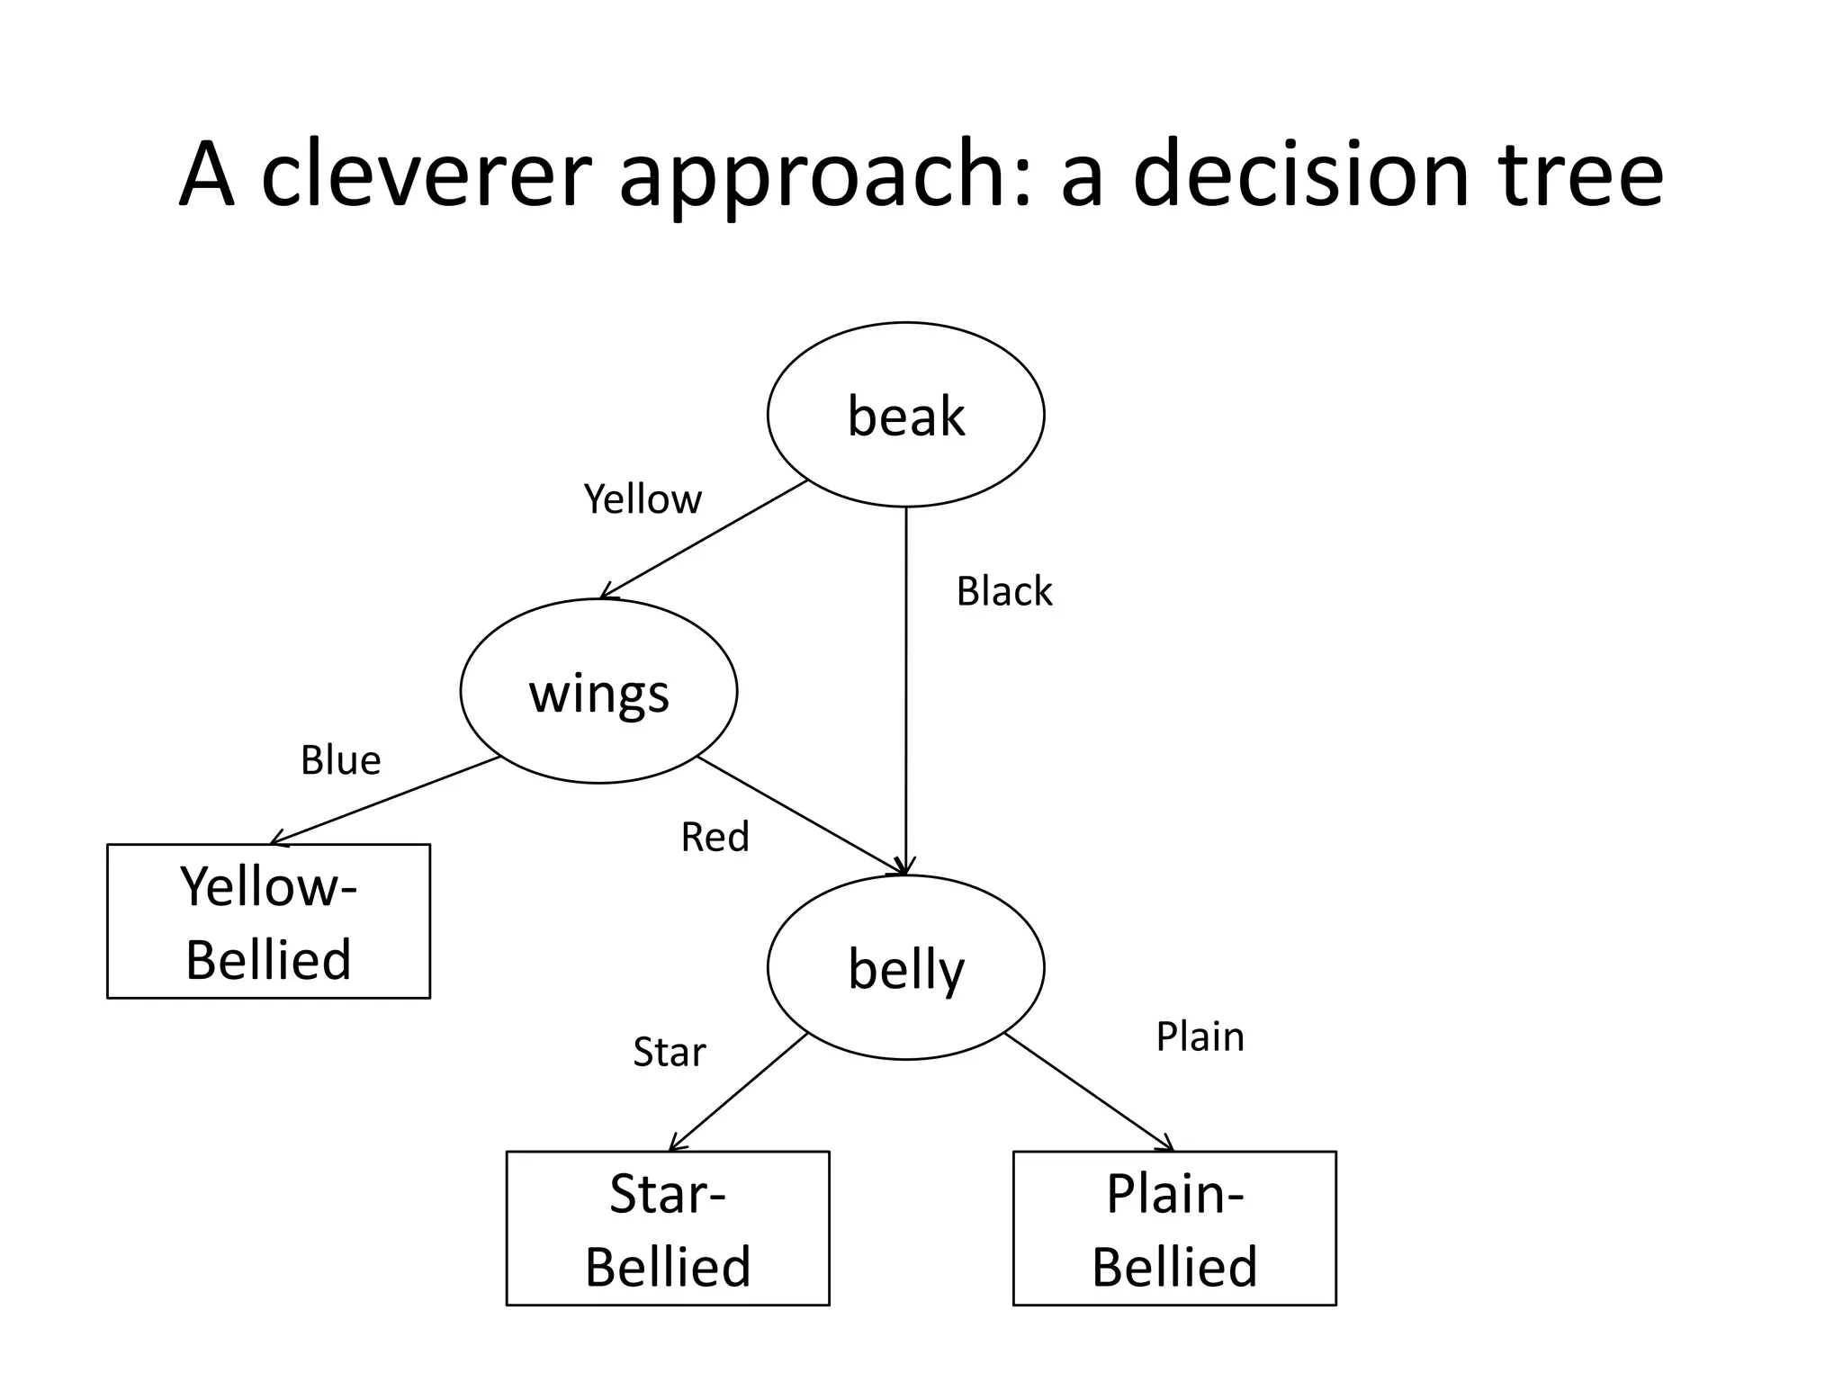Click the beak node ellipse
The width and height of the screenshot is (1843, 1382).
click(905, 415)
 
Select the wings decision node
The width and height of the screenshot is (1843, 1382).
click(598, 691)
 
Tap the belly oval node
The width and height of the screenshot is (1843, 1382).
click(905, 967)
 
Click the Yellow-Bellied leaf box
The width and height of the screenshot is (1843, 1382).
click(268, 921)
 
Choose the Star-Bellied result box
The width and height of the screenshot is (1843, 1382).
click(667, 1228)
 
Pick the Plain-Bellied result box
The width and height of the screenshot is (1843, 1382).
click(1174, 1228)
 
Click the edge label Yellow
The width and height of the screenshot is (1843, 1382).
click(643, 499)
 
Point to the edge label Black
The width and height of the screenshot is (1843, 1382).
click(1003, 592)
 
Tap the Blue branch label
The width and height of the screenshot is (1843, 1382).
click(340, 761)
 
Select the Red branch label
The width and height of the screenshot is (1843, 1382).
click(715, 838)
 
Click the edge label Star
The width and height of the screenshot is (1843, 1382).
click(669, 1052)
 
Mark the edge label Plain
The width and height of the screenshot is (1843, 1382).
click(1200, 1036)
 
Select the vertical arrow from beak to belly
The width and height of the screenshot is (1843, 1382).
click(905, 693)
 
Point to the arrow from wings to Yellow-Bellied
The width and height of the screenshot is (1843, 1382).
click(385, 801)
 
